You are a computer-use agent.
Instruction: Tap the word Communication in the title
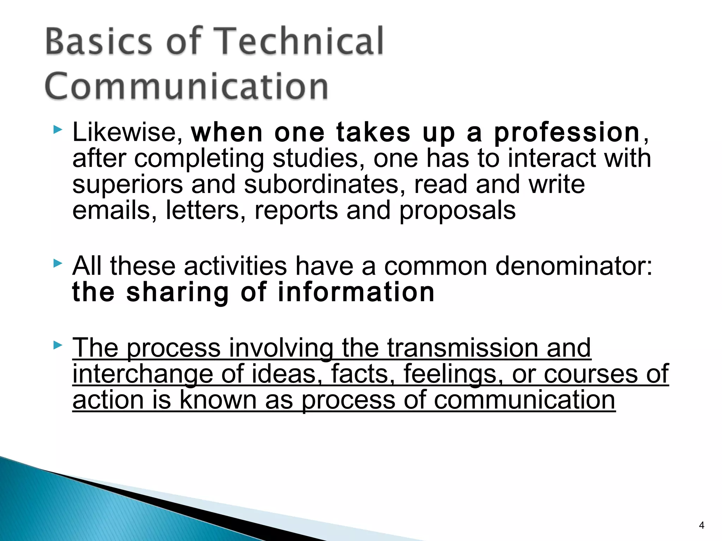[187, 87]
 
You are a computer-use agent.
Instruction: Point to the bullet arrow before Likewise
[57, 130]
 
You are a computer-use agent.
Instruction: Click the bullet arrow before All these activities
[57, 263]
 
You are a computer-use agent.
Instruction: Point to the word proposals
[457, 211]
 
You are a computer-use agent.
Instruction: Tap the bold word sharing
[178, 293]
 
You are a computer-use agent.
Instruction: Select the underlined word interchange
[142, 374]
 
